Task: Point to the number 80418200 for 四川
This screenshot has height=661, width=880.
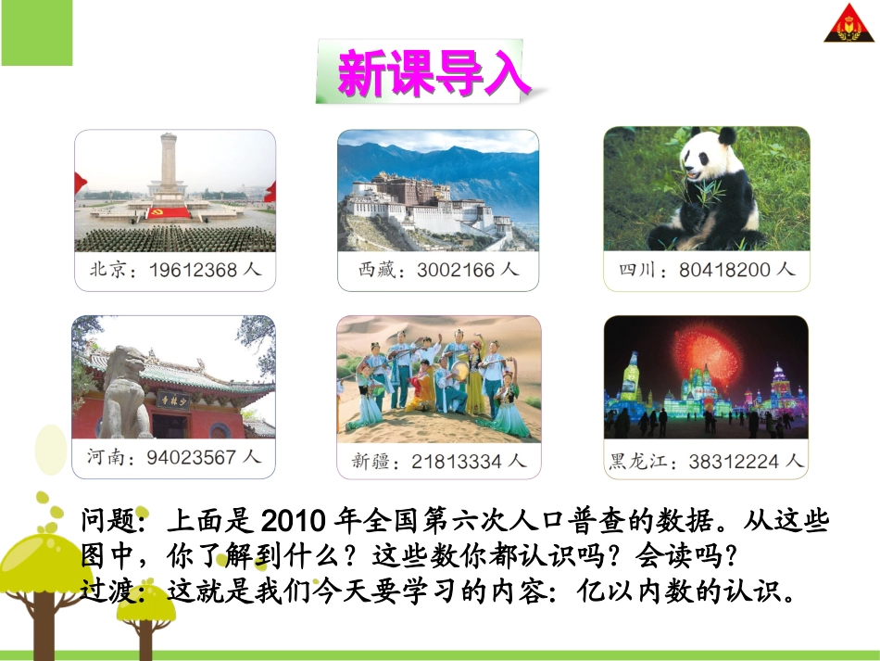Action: click(x=723, y=270)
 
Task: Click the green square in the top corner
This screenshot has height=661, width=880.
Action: click(x=36, y=33)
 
